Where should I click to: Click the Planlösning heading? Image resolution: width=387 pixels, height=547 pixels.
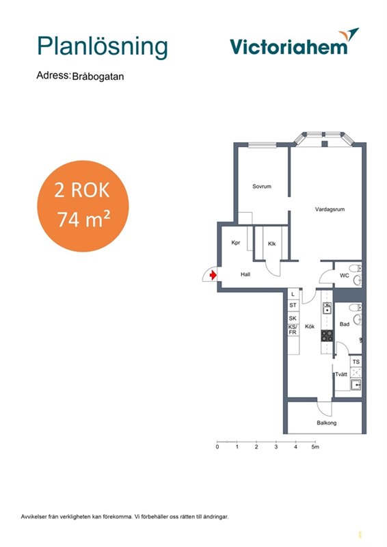[x=103, y=47]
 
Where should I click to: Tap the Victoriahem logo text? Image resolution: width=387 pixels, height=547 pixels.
[x=289, y=46]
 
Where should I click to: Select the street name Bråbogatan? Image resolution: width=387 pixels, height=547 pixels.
[x=98, y=77]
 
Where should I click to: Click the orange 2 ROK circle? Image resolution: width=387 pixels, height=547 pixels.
[x=83, y=206]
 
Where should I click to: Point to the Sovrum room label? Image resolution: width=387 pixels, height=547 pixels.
[x=262, y=186]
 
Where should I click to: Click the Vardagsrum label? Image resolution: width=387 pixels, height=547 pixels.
[x=330, y=209]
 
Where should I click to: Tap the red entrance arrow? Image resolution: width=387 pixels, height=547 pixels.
[x=213, y=276]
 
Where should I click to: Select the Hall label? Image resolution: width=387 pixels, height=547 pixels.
[x=245, y=275]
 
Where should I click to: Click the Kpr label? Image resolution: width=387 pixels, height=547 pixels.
[x=236, y=243]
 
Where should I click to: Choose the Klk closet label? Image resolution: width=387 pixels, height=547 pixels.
[x=272, y=243]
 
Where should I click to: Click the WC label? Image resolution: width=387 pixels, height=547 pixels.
[x=345, y=276]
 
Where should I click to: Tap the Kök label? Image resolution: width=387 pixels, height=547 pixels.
[x=310, y=327]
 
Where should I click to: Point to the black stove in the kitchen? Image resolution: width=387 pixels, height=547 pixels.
[x=327, y=336]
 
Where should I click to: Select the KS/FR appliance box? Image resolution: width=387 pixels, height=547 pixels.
[x=293, y=330]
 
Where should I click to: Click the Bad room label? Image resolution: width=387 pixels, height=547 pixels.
[x=345, y=324]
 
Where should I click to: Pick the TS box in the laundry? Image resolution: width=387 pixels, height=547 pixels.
[x=356, y=362]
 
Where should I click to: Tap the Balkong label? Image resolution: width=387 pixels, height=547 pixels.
[x=327, y=423]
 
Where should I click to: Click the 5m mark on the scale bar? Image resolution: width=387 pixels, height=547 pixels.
[x=315, y=447]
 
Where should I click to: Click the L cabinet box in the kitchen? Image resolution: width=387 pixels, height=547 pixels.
[x=293, y=294]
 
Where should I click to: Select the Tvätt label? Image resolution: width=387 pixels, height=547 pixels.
[x=341, y=374]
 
